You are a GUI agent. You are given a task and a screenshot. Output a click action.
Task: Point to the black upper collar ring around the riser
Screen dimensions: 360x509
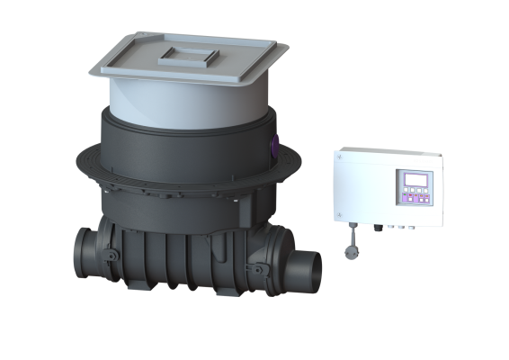click(x=180, y=144)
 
